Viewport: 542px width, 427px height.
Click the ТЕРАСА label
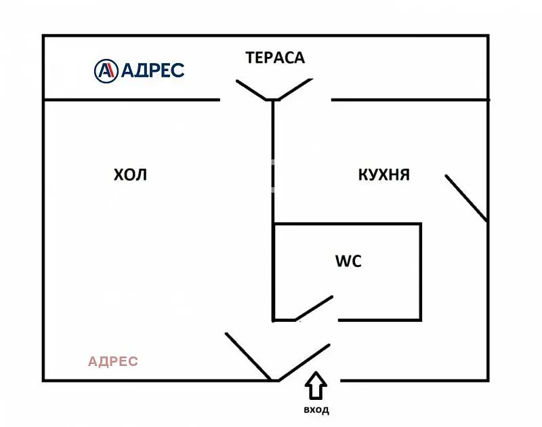(275, 58)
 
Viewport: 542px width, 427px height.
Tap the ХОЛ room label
(129, 175)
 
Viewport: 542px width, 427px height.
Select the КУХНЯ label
(383, 175)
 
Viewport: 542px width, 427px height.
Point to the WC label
(348, 261)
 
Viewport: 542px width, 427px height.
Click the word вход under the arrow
(316, 410)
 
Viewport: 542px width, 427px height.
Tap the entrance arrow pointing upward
(316, 387)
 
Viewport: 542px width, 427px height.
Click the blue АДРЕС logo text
(152, 70)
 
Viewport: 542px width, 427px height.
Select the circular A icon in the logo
(105, 70)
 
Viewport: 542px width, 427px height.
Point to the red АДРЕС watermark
(113, 361)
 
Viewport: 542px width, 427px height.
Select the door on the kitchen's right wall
(466, 198)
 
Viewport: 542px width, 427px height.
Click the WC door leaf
(314, 308)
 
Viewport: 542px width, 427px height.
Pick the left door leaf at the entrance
(249, 357)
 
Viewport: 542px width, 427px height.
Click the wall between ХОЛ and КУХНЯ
(273, 163)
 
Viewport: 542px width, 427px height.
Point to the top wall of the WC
(347, 224)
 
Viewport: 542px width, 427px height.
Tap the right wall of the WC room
(421, 271)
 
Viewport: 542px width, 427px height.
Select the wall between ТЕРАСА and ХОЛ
(132, 100)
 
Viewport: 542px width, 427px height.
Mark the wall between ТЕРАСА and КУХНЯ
(410, 100)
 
